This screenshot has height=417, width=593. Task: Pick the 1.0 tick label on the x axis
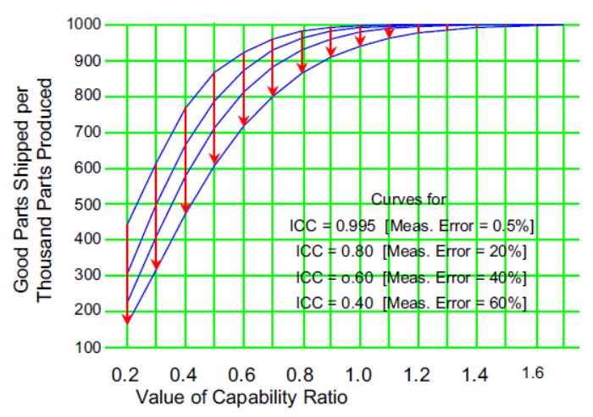360,373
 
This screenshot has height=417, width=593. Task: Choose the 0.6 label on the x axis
243,373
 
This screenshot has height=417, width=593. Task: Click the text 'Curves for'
409,200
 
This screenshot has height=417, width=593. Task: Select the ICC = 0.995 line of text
412,226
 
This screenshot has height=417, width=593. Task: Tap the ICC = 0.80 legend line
411,251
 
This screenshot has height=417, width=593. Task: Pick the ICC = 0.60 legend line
411,277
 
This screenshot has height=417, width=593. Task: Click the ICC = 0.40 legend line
411,303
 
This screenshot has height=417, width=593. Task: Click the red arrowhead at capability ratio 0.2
127,318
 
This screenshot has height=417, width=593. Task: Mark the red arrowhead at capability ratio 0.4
186,207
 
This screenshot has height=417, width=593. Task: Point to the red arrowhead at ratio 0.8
302,67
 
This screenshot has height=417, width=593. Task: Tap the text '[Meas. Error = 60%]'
454,303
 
